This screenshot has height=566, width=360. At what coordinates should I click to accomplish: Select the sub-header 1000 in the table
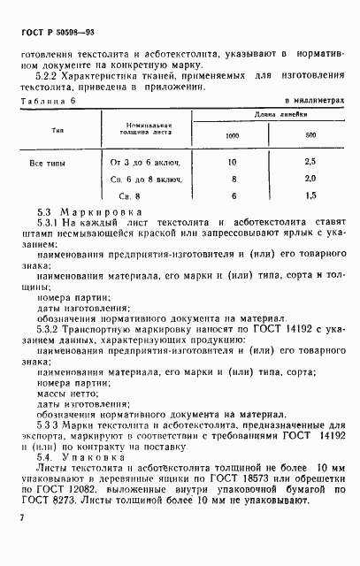coord(233,135)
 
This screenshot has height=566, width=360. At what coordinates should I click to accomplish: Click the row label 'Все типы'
coord(47,164)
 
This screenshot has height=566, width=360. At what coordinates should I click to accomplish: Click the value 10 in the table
coord(233,164)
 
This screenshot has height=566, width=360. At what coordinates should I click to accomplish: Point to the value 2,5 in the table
coord(310,164)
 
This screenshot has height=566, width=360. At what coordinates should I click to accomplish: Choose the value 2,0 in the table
coord(310,180)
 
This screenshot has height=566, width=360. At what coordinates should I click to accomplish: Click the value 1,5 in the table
coord(310,195)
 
